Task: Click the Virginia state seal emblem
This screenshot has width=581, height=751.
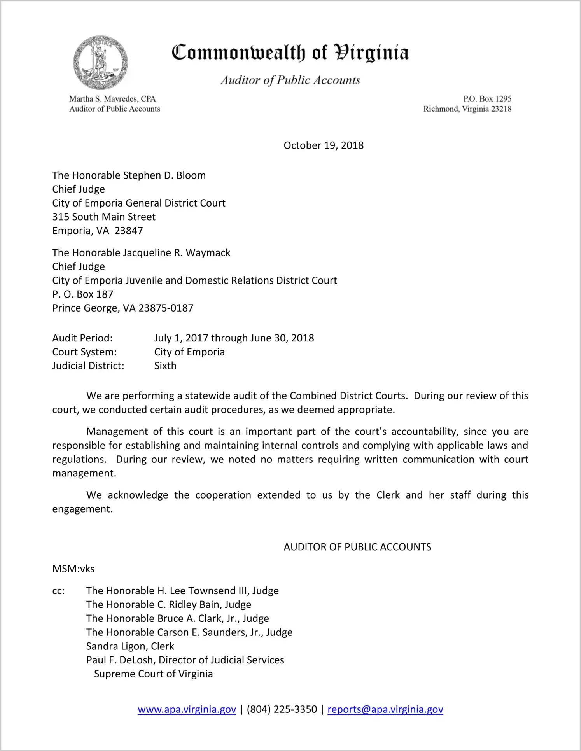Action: point(100,63)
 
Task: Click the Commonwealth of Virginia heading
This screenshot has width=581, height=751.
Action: point(290,53)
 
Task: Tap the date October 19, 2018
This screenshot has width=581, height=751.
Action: point(324,145)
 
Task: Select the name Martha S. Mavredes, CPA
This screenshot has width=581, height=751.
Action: point(112,99)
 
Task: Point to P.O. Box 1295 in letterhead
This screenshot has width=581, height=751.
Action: point(487,99)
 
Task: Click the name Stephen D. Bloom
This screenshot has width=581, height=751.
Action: point(164,175)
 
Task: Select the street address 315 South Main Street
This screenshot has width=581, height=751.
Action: point(104,217)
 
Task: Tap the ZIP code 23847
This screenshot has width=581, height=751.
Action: point(129,231)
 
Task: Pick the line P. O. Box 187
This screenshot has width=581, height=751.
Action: point(83,294)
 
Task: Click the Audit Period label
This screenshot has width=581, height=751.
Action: point(82,338)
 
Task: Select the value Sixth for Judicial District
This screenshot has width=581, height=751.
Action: point(165,366)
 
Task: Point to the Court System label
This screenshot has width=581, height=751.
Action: point(84,352)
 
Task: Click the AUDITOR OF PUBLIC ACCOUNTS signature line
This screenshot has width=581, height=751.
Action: point(357,547)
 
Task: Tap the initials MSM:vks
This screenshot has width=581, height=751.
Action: point(73,569)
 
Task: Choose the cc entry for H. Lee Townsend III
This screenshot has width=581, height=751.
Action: point(182,591)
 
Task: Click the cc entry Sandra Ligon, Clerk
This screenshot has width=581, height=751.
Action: point(130,646)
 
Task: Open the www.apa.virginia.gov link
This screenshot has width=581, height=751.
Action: point(187,709)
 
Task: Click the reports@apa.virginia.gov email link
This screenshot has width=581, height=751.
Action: point(385,709)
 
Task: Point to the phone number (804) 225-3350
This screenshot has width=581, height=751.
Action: point(282,709)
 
